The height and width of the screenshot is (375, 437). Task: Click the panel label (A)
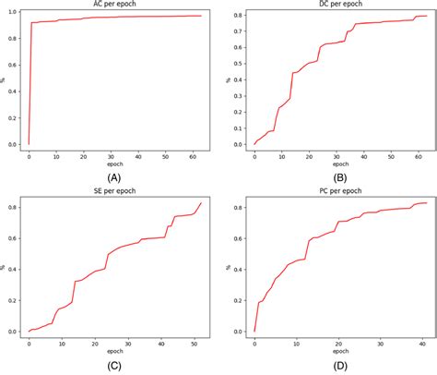[113, 175]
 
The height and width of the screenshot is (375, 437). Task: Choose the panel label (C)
[113, 366]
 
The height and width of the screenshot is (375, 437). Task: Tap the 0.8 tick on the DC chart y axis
[236, 16]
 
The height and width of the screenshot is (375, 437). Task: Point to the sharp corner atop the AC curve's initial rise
[32, 22]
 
